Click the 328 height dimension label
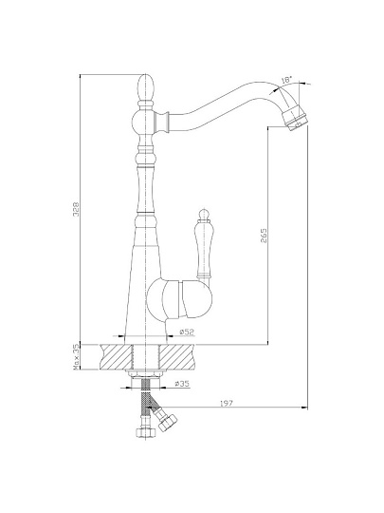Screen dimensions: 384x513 76,209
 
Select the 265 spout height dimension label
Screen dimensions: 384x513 264,236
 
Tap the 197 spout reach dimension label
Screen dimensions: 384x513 227,404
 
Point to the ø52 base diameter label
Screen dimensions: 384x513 187,332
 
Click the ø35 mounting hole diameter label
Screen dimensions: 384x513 182,384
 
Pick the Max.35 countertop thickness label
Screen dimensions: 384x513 77,357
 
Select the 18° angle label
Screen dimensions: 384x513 286,80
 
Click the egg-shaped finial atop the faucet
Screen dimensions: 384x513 145,87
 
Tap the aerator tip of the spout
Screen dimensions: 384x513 295,118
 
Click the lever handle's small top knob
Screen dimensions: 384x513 204,215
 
